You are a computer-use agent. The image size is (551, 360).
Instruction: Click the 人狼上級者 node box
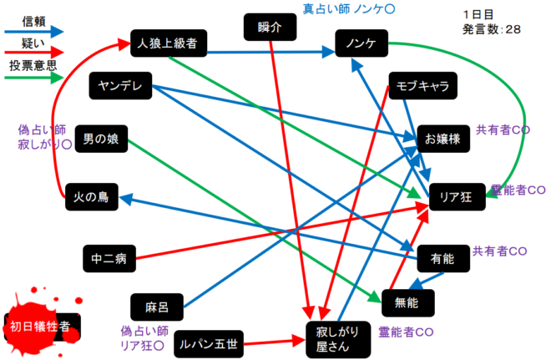(x=168, y=42)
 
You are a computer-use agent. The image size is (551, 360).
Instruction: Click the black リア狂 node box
(x=456, y=197)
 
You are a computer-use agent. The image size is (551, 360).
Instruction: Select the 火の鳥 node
(x=91, y=197)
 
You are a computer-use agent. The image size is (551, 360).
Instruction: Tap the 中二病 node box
(x=109, y=259)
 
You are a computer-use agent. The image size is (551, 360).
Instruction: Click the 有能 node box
(x=444, y=260)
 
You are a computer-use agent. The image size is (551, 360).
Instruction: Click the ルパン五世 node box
(x=210, y=342)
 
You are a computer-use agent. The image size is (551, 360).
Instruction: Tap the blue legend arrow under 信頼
(x=33, y=31)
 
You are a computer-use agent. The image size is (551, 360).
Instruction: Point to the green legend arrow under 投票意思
(x=33, y=79)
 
